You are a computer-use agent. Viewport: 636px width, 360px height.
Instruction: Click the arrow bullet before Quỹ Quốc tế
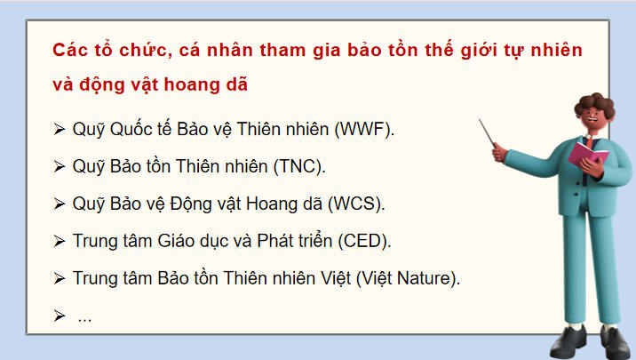(x=60, y=130)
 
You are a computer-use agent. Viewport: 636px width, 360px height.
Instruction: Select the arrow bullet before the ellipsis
(x=60, y=316)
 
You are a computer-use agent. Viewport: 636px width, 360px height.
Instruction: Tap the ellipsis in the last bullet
(x=84, y=317)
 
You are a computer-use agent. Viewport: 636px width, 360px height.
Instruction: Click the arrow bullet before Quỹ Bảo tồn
(x=60, y=167)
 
